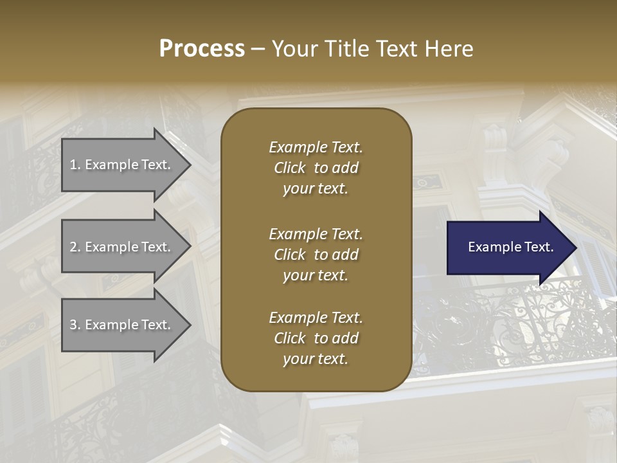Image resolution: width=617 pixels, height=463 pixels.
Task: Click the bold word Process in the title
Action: (202, 49)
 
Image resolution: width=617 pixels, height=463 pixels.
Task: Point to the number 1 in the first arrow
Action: (73, 165)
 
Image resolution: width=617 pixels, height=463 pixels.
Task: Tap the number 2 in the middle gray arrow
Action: (73, 247)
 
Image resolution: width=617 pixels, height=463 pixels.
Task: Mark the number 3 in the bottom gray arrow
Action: (73, 325)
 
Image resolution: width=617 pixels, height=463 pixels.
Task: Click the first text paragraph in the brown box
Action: (316, 168)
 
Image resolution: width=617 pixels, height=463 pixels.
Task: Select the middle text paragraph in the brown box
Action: (316, 254)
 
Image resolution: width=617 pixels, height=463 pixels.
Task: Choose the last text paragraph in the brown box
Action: (316, 338)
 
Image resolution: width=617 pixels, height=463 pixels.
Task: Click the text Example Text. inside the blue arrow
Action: (510, 247)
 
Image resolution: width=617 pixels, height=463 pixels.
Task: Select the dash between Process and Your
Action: (258, 49)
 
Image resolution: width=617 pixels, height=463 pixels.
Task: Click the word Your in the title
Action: (292, 49)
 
